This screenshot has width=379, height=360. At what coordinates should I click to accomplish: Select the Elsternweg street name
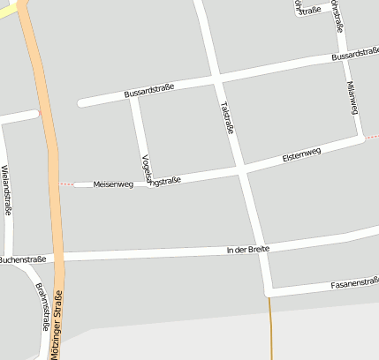301,154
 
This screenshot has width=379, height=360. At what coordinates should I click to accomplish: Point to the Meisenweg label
113,184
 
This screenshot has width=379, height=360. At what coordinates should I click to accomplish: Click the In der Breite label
247,250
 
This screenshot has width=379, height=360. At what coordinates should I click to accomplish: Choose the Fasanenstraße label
354,284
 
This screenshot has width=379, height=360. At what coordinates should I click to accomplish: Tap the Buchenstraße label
21,259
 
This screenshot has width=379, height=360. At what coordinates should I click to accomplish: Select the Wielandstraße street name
7,190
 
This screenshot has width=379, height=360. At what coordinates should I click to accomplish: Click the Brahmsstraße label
41,307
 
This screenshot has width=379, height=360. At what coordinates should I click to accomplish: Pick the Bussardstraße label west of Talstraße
149,89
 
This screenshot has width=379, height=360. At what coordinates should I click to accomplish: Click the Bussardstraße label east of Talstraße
355,55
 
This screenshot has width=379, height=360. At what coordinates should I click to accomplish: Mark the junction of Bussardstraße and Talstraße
216,79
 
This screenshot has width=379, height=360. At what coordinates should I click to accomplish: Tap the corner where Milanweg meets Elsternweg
360,138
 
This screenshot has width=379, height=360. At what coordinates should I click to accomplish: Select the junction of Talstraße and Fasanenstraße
268,290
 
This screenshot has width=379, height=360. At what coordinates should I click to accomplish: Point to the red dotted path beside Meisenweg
66,184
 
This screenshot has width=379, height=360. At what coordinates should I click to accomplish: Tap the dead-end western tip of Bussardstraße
81,102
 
